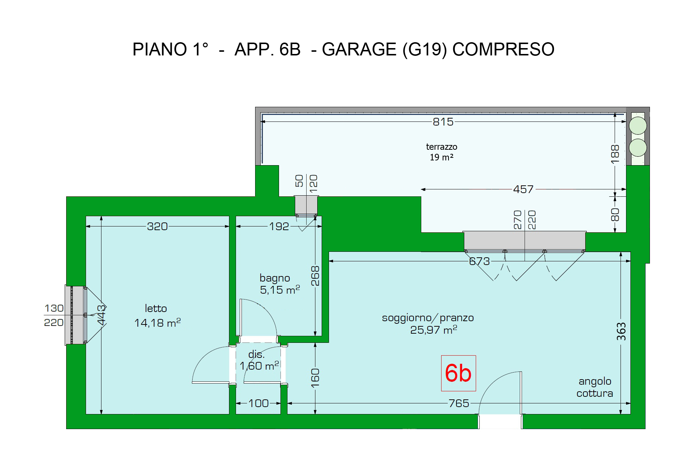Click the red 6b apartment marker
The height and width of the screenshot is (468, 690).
458,373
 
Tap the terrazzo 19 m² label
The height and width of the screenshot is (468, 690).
441,152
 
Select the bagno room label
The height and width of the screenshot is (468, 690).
280,284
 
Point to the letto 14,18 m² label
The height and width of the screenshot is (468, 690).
157,315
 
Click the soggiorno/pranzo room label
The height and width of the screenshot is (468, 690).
428,323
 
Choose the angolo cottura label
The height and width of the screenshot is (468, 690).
595,387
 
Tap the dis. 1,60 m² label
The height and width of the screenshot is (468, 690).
259,360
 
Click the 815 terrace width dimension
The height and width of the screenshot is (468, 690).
443,121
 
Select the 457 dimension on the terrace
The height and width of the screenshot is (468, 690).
523,189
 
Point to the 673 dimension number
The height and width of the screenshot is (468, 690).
479,261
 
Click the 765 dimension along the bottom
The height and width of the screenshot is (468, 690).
459,403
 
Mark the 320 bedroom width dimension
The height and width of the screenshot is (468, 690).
157,226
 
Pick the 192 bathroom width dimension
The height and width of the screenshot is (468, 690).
279,226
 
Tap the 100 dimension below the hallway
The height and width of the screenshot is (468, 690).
258,403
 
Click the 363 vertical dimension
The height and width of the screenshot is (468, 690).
621,331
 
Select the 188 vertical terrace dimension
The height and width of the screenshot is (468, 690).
615,154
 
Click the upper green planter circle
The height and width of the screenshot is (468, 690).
638,126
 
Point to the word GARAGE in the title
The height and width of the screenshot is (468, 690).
359,49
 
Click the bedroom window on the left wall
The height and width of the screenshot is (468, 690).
76,315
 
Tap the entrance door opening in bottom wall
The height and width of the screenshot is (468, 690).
500,421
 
